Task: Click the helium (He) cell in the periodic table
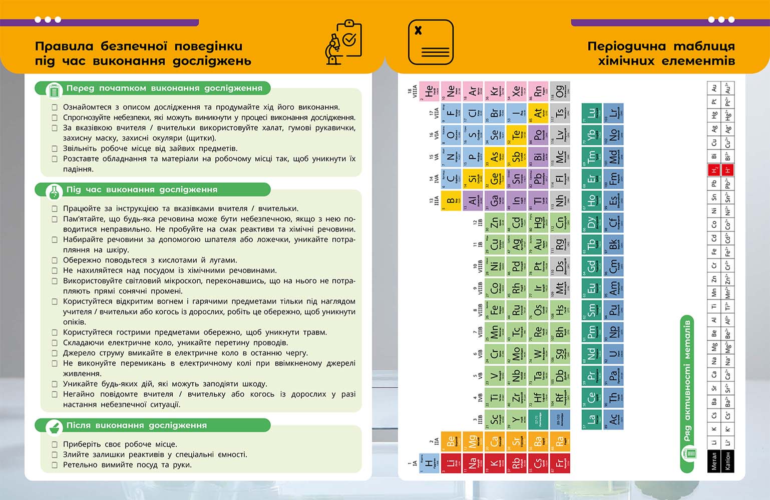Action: click(429, 91)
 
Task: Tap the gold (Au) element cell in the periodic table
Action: click(538, 243)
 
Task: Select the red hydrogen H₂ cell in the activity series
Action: click(714, 170)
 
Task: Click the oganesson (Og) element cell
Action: click(560, 91)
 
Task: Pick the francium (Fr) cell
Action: click(560, 463)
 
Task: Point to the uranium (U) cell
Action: click(613, 354)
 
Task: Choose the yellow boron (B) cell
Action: click(451, 200)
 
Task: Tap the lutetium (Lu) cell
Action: click(591, 113)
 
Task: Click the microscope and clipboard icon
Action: click(343, 42)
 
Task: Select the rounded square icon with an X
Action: click(431, 42)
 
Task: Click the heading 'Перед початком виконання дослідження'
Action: click(164, 88)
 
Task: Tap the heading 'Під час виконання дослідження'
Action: click(142, 190)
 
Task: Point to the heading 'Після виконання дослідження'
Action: click(136, 425)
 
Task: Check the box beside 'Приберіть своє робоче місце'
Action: click(55, 444)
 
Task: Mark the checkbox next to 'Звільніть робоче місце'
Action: click(55, 148)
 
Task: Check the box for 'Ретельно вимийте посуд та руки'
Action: click(55, 465)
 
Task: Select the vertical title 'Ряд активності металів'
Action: click(687, 380)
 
